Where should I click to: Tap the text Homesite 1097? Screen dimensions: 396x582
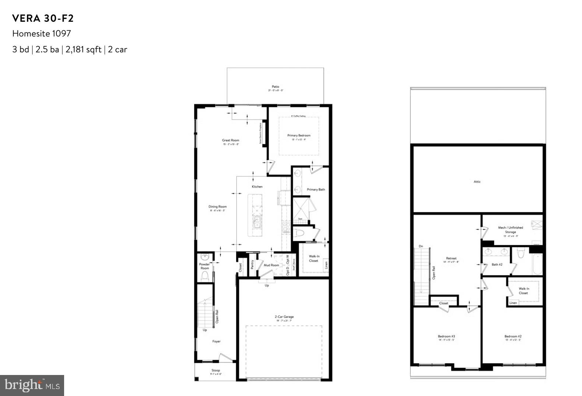click(42, 34)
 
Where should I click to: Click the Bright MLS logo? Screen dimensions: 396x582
click(32, 385)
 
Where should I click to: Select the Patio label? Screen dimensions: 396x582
click(276, 87)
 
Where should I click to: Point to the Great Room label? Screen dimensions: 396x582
click(231, 140)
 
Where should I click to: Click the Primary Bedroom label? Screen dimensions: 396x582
click(299, 136)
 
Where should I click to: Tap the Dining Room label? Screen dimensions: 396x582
click(218, 207)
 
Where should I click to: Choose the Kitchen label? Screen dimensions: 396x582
click(257, 187)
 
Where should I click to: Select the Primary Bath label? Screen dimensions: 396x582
click(316, 190)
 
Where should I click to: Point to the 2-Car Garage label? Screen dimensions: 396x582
click(284, 317)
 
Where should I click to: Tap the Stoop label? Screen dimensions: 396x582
click(216, 370)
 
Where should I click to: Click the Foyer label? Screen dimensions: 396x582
click(217, 341)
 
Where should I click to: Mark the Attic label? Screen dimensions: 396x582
click(477, 181)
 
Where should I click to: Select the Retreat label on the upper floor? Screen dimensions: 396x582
click(451, 258)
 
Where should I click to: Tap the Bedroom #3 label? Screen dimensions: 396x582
click(446, 336)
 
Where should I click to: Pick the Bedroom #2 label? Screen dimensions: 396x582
click(513, 336)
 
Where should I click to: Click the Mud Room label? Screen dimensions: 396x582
click(271, 265)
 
